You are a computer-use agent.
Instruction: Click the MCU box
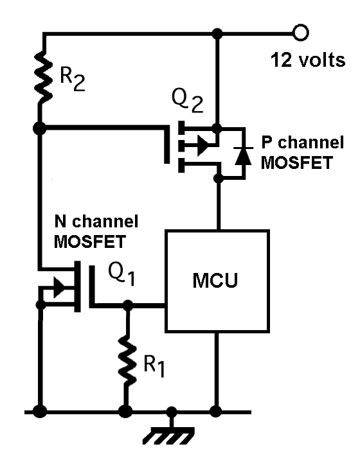pos(217,281)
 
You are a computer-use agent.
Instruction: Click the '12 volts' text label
pos(307,61)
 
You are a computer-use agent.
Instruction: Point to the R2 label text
pos(73,78)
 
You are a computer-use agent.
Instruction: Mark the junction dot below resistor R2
pos(40,128)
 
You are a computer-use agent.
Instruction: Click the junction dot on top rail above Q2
pos(219,33)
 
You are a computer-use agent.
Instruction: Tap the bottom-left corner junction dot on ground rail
pos(40,410)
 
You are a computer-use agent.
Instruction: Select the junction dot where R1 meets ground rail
pos(127,410)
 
